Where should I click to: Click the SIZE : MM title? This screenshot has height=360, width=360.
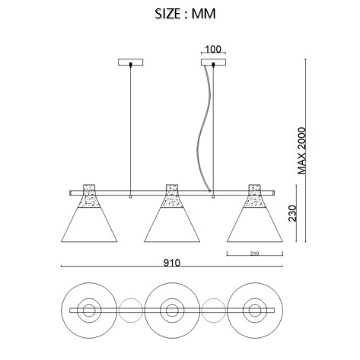click(185, 14)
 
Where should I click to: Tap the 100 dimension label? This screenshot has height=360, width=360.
click(213, 49)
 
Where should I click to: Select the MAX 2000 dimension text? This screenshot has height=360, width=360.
click(302, 151)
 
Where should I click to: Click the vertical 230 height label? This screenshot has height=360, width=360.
click(292, 213)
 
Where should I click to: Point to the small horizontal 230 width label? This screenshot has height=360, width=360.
click(254, 253)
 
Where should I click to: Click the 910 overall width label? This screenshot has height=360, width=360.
click(172, 263)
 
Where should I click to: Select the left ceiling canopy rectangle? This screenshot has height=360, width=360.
click(131, 62)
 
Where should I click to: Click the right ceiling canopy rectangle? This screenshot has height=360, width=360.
click(213, 62)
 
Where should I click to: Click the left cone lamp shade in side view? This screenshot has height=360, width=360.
click(89, 225)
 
